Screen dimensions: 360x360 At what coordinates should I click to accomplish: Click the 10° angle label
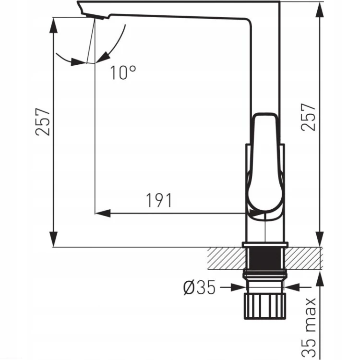coord(123,73)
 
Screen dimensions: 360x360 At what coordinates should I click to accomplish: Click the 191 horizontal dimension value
coord(159,200)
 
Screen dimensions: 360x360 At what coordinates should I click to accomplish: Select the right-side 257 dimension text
coord(308,117)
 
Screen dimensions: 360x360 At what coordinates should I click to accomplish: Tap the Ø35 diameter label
coord(200,287)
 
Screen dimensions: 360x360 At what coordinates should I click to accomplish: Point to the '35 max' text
coord(309,327)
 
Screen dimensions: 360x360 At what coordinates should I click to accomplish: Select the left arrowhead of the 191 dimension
coord(103,213)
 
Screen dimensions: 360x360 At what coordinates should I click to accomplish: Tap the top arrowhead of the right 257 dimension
coord(320,9)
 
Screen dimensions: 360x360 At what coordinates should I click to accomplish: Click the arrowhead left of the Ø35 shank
coord(239,287)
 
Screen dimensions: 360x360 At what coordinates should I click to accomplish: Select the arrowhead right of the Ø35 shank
coord(291,287)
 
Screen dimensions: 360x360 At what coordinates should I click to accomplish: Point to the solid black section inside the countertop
coord(264,258)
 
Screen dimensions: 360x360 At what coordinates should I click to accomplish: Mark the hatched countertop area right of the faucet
coord(303,258)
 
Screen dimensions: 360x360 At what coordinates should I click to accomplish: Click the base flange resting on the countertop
coord(265,245)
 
